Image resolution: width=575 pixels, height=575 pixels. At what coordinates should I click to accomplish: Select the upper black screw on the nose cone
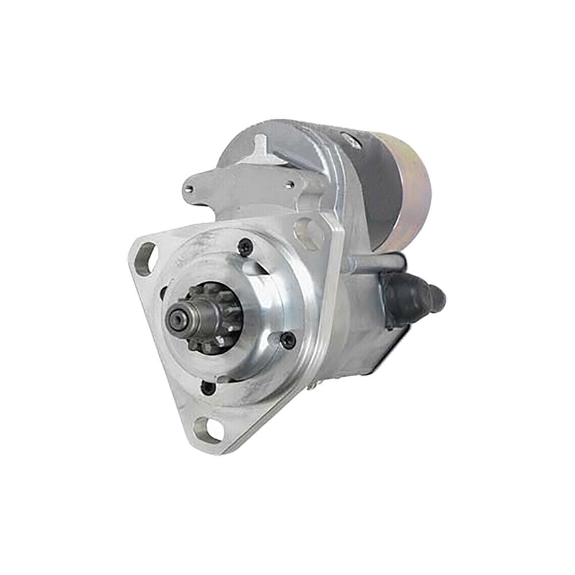pos(246,247)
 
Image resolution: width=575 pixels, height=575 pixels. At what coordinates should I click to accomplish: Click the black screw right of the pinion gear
pos(287,340)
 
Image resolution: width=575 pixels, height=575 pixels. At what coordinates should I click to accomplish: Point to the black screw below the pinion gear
pos(208,387)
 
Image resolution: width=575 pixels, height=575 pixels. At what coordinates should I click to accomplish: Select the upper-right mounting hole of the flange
pos(309,232)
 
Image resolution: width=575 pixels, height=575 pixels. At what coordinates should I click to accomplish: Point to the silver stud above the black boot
pos(377,263)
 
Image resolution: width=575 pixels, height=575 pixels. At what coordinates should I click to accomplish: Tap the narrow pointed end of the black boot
pos(439,296)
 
